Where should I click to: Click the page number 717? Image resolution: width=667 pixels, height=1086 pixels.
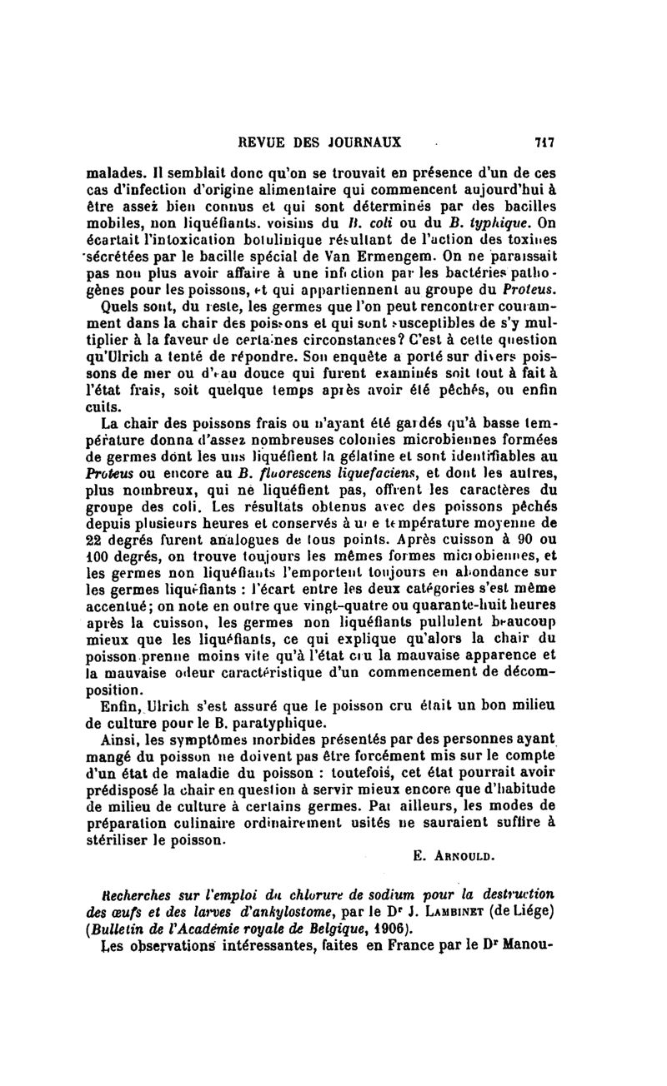(545, 142)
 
